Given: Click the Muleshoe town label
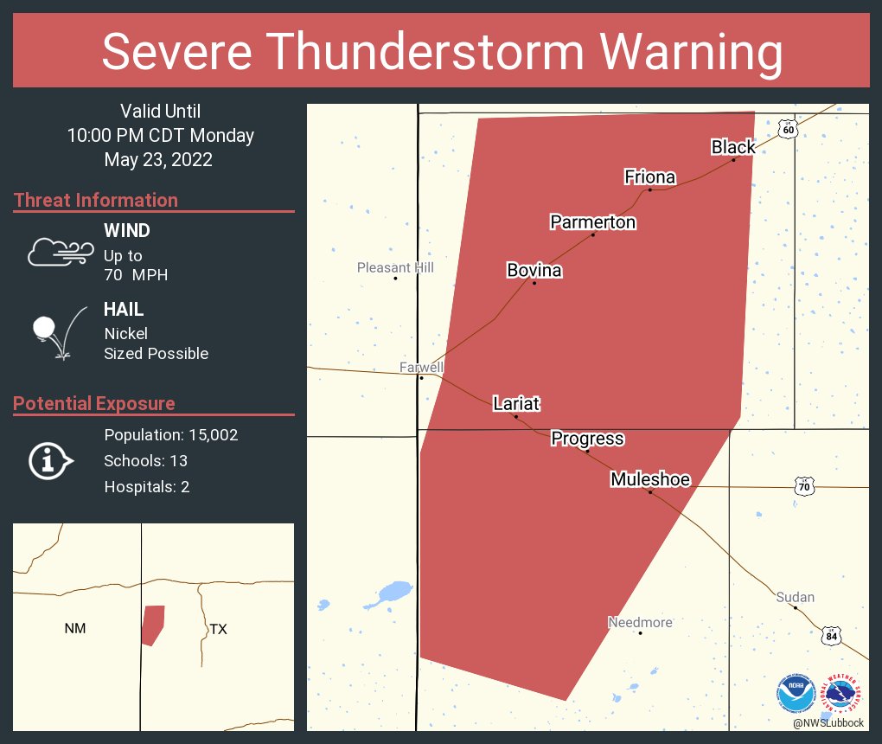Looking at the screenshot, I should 650,479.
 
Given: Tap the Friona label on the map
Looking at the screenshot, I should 649,177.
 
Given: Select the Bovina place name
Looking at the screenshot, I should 534,271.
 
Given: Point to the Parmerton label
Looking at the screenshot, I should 592,222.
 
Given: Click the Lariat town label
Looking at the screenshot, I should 516,403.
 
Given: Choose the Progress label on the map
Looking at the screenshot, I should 587,439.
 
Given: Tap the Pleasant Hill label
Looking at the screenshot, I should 395,268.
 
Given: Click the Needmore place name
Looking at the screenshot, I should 640,622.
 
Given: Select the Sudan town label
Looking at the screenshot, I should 795,597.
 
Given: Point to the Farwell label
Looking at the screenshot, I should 421,368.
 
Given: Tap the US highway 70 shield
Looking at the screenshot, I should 804,487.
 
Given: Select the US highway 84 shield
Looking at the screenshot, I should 831,636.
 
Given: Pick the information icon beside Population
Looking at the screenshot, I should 50,460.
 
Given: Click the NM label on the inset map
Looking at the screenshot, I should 75,629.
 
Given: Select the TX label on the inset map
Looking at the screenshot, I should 218,629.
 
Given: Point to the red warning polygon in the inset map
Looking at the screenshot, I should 152,623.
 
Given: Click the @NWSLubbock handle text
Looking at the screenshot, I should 828,722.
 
